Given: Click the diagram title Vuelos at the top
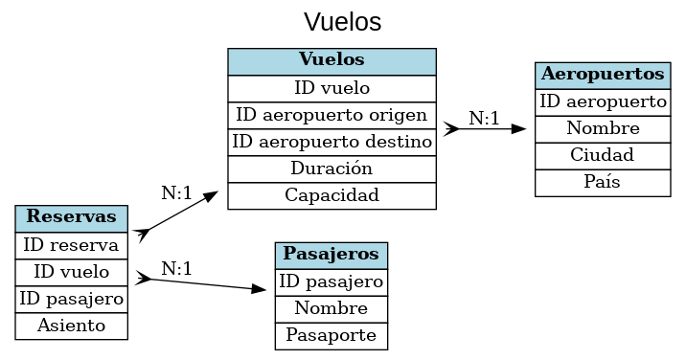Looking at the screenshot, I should click(x=342, y=21).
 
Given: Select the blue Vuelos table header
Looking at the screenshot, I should click(x=332, y=60).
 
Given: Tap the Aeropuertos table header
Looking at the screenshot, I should click(x=603, y=75).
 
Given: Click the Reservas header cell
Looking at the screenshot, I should click(x=72, y=217).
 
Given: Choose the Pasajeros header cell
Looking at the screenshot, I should click(x=332, y=256).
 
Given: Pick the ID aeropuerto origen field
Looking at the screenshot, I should click(x=332, y=115).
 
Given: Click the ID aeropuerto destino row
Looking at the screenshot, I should click(x=332, y=142).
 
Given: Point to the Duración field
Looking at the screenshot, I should click(x=332, y=169).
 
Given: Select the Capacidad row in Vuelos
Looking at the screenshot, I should click(x=332, y=195).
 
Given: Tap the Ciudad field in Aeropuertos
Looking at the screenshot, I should click(x=603, y=155).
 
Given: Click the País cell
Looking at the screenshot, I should click(x=603, y=182).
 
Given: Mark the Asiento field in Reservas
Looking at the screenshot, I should click(x=72, y=326).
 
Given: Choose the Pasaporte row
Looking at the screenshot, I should click(x=332, y=336).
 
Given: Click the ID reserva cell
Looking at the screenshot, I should click(x=72, y=245).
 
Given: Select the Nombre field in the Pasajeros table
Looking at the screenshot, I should click(x=332, y=309).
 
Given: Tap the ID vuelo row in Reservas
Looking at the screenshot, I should click(x=72, y=272).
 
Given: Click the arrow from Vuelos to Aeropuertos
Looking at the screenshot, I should click(x=484, y=128).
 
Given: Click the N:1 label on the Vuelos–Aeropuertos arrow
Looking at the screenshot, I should click(x=484, y=119).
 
